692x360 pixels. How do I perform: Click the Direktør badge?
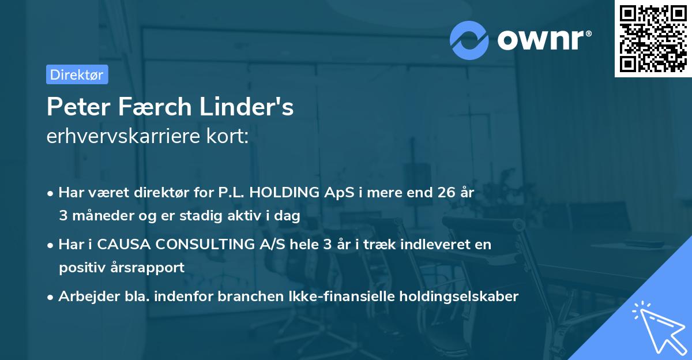(77, 74)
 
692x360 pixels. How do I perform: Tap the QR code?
(653, 39)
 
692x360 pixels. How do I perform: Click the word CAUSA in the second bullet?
(120, 245)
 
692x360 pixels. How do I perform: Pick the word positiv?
(80, 268)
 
